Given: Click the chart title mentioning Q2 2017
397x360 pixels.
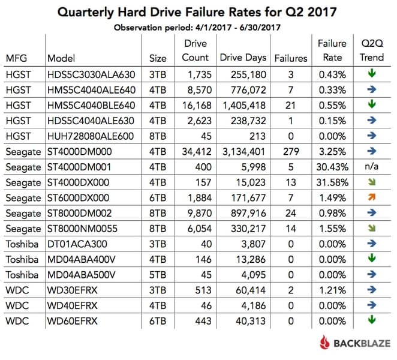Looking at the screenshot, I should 198,12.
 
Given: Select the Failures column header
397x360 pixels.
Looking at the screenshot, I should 291,58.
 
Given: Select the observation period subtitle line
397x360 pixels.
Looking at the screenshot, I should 198,27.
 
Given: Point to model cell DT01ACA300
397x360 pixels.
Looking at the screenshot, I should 76,244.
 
